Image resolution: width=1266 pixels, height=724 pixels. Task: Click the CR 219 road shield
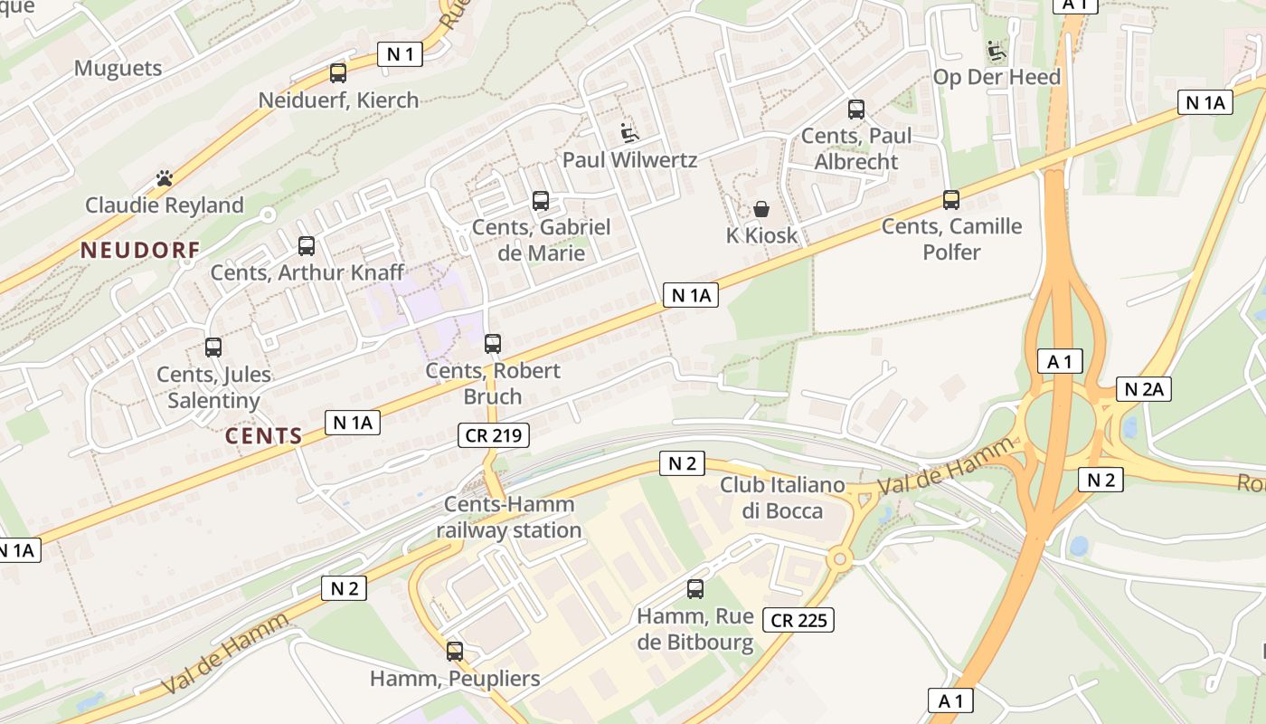(493, 435)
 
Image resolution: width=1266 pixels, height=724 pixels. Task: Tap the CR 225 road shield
(798, 620)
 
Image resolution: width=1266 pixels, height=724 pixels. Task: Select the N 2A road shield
(1144, 389)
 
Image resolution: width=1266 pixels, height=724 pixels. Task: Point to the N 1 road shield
(400, 54)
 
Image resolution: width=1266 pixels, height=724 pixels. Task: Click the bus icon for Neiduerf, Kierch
(338, 73)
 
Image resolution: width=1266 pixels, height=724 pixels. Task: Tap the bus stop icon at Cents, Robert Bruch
(493, 344)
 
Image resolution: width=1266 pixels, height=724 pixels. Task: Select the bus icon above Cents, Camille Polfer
(950, 200)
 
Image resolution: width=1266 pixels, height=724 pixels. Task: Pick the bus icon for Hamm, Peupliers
(455, 652)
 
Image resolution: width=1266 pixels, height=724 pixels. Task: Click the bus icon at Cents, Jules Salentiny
(213, 348)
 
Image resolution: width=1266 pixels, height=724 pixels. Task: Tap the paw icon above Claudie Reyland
(165, 178)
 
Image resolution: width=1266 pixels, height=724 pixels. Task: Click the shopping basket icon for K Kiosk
(761, 209)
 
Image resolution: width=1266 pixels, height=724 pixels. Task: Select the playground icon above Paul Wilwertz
(629, 134)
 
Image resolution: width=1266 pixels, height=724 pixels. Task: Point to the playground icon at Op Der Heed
(997, 51)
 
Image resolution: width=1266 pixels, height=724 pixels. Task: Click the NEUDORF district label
(140, 251)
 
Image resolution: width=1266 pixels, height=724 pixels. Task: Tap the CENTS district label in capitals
(264, 436)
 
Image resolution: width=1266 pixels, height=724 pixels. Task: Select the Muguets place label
(118, 68)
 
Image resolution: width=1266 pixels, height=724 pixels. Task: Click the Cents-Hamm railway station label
(508, 518)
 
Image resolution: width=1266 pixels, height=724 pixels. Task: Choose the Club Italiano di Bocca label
(782, 498)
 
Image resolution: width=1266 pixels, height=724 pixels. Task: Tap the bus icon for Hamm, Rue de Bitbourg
(695, 589)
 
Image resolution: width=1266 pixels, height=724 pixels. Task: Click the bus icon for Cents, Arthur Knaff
(307, 246)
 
